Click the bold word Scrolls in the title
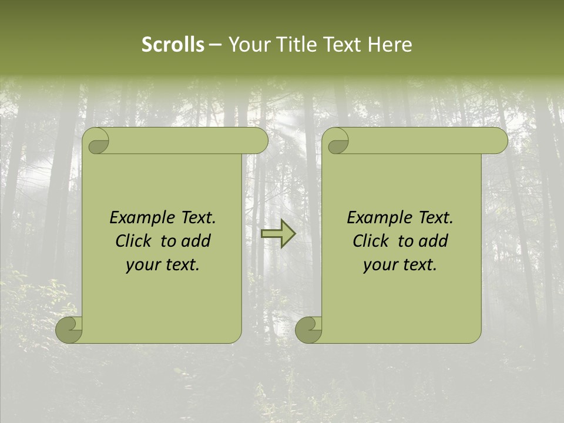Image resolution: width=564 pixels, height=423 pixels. (x=173, y=45)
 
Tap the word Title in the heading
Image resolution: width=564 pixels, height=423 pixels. (x=298, y=45)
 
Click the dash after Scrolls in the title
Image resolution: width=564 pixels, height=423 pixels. (x=215, y=45)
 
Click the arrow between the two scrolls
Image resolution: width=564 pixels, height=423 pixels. (x=278, y=234)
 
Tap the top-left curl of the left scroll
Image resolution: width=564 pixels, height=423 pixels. (x=96, y=142)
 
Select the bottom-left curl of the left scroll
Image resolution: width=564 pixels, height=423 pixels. (x=69, y=330)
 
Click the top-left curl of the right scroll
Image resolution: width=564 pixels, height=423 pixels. (x=335, y=142)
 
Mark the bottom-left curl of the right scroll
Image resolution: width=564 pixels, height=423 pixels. (x=308, y=330)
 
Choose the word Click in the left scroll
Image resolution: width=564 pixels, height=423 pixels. (x=134, y=241)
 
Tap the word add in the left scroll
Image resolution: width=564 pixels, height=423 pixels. (x=196, y=241)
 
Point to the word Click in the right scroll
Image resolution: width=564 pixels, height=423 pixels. (x=371, y=241)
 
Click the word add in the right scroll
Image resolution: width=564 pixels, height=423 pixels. (x=434, y=241)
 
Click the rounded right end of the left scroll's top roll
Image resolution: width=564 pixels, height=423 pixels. (x=260, y=141)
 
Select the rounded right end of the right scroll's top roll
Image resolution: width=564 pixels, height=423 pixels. (x=500, y=141)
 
